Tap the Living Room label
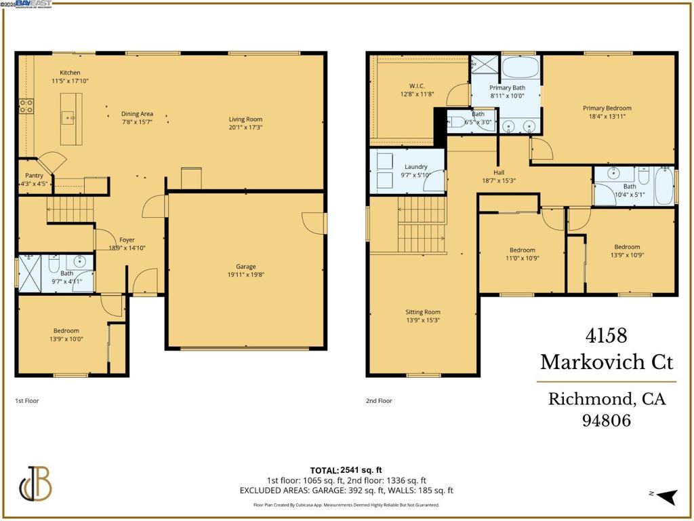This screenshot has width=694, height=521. (x=245, y=119)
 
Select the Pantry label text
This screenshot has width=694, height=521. (x=34, y=176)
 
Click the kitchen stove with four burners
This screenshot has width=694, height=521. (x=26, y=106)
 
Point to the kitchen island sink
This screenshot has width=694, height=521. (x=70, y=118)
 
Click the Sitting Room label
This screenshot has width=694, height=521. (x=423, y=312)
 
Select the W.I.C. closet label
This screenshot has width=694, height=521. (x=417, y=85)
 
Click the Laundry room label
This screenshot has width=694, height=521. (x=415, y=167)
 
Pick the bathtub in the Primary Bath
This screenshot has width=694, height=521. (x=520, y=68)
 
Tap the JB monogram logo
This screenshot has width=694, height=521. (x=36, y=484)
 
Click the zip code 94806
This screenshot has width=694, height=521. (x=607, y=421)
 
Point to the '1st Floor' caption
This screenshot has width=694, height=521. (x=27, y=401)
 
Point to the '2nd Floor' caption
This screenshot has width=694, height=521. (x=378, y=401)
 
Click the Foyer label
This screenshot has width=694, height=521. (x=127, y=239)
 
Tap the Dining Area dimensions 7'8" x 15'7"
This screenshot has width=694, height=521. (x=137, y=122)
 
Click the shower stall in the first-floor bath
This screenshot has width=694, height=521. (x=30, y=273)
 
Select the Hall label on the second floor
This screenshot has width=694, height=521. (x=499, y=172)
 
